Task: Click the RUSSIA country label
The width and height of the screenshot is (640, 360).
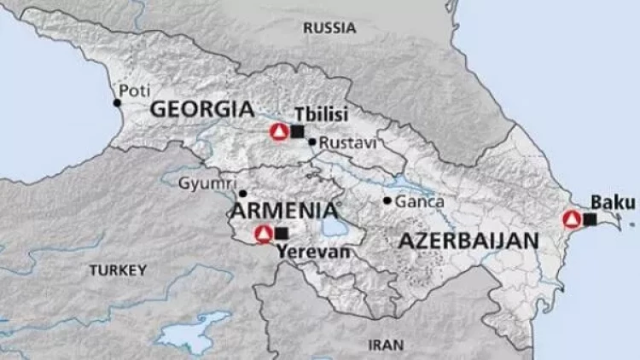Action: click(329, 28)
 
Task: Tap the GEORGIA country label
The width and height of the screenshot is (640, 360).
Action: click(202, 109)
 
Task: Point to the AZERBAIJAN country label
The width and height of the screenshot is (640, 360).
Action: click(468, 240)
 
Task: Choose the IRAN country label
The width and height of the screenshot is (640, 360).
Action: click(384, 345)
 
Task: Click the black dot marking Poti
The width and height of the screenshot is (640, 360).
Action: click(117, 103)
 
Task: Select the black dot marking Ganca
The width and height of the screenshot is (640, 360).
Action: click(387, 201)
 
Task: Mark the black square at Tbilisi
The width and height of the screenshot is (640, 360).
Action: click(297, 131)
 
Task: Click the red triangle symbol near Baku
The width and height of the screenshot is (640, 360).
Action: click(572, 219)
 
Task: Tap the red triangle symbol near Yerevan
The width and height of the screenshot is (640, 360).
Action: click(264, 233)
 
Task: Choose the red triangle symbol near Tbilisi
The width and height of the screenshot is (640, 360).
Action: click(278, 131)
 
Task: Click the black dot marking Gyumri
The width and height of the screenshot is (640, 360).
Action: click(243, 194)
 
